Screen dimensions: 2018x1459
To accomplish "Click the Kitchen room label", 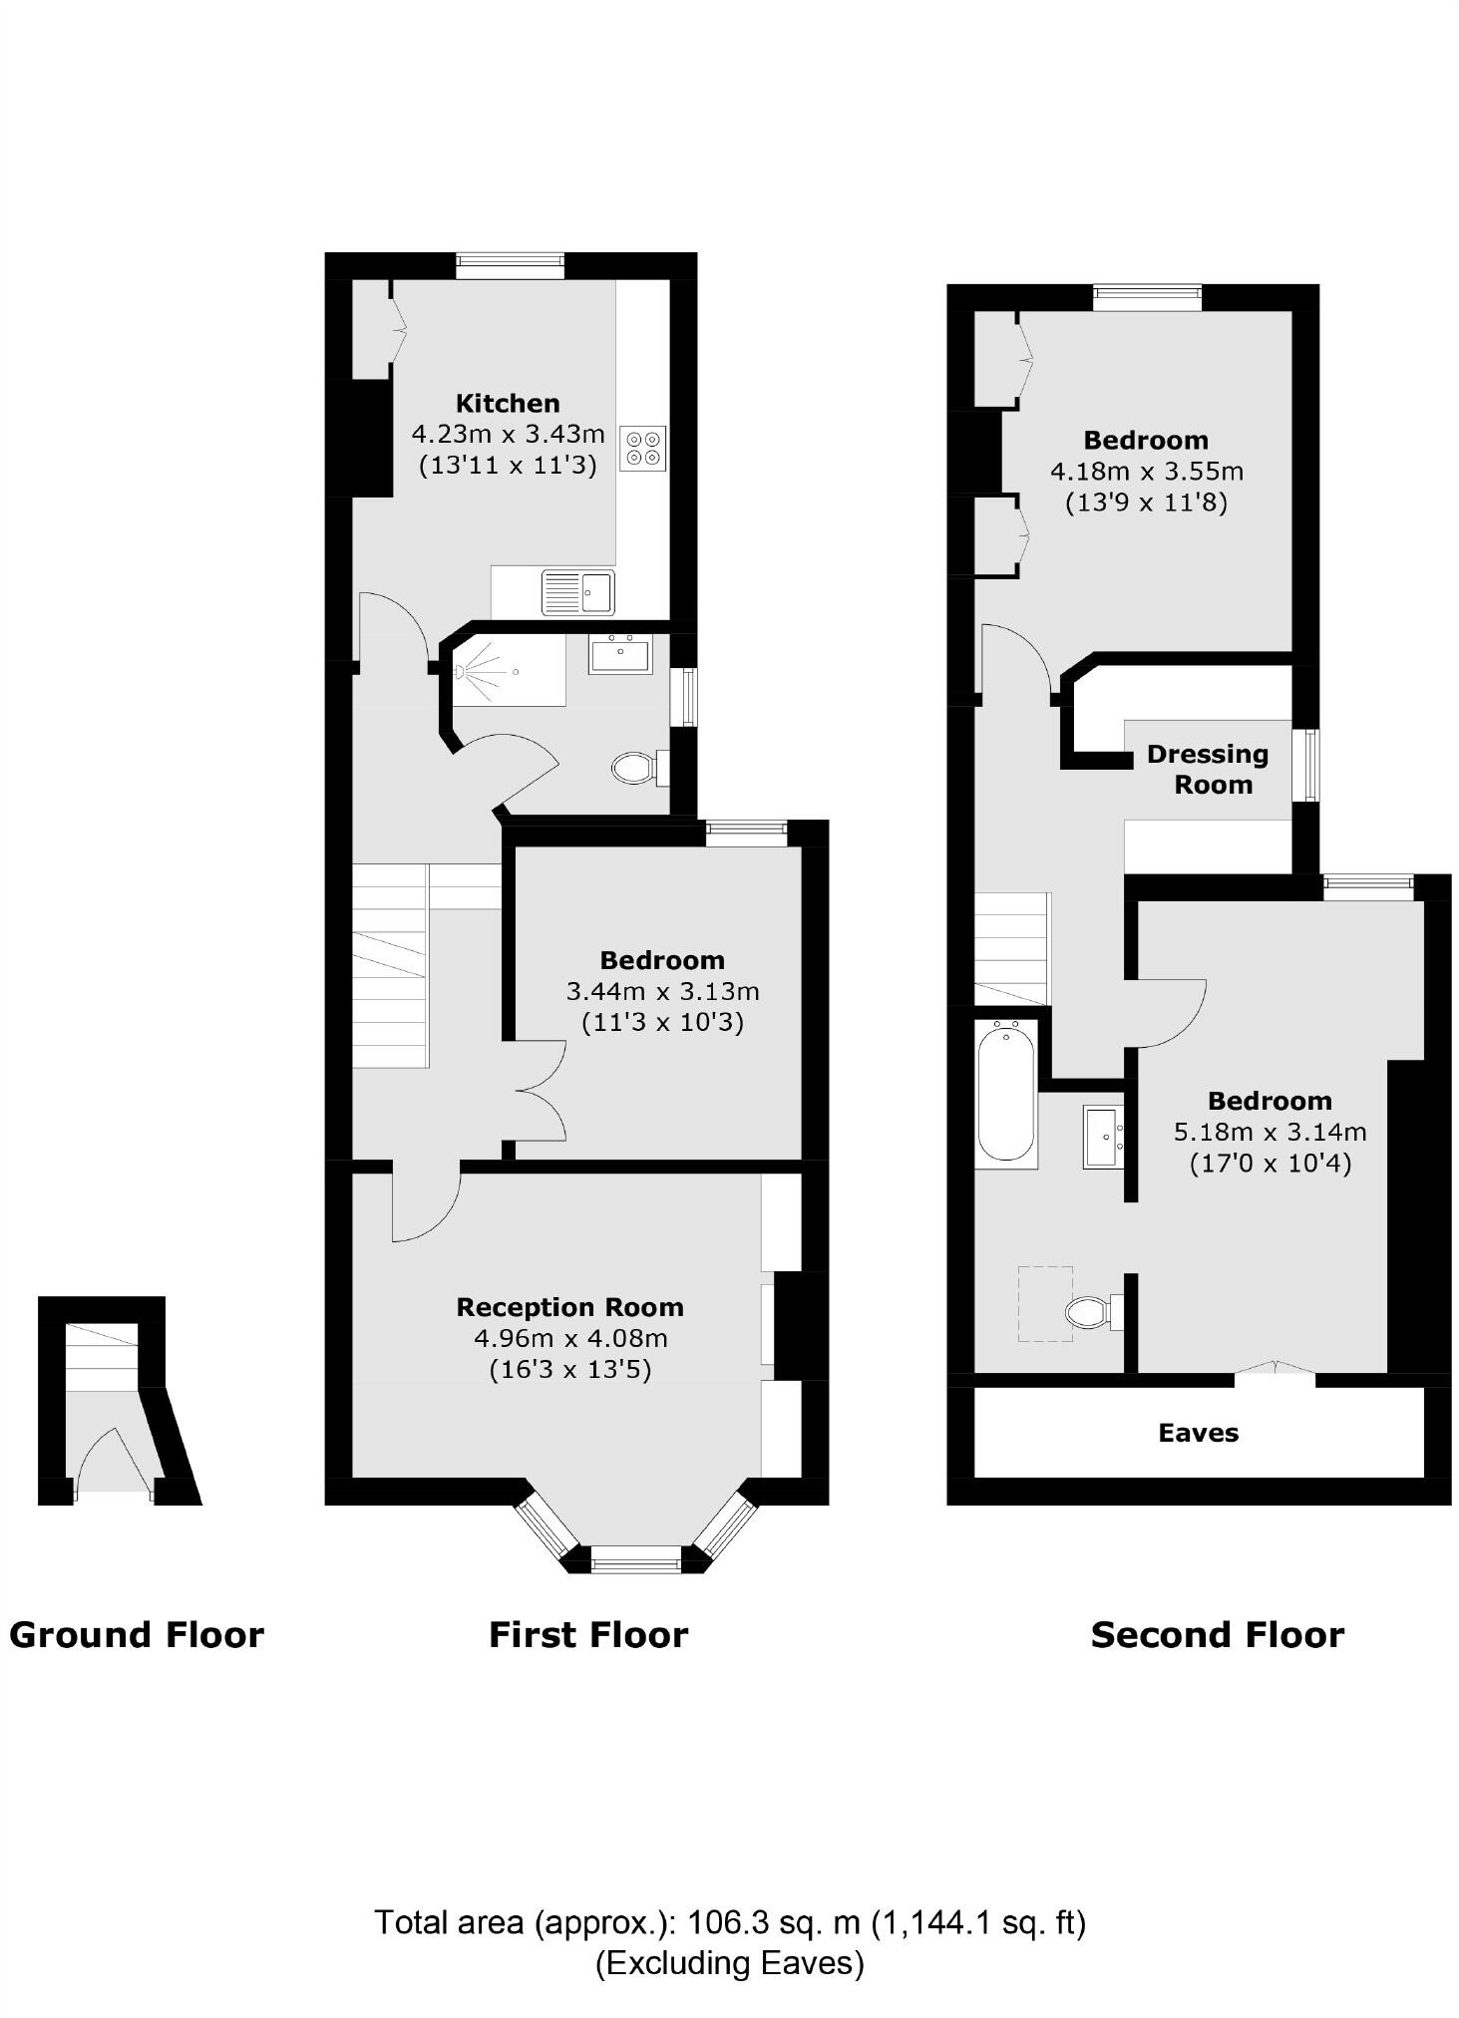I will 507,404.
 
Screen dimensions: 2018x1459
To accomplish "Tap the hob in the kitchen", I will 642,448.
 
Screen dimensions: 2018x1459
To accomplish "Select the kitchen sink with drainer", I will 577,592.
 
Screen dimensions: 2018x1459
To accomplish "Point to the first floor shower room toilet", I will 634,768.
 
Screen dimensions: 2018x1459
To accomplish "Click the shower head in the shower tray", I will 461,673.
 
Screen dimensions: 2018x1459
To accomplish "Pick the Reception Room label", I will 569,1307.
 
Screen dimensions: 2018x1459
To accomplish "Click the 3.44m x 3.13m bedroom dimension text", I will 662,991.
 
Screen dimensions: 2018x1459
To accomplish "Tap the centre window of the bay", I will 635,1558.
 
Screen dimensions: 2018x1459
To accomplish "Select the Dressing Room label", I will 1207,769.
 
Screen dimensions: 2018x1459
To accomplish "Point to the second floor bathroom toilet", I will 1089,1311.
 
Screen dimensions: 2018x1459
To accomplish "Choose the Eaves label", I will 1198,1433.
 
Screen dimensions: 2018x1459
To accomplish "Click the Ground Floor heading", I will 137,1636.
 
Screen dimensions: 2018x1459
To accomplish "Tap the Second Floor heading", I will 1217,1636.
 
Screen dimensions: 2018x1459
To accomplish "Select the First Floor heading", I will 588,1636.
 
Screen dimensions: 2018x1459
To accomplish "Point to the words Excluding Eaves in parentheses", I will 729,1962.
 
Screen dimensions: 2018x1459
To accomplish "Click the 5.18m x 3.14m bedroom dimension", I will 1270,1132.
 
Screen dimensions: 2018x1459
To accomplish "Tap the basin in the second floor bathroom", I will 1103,1137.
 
